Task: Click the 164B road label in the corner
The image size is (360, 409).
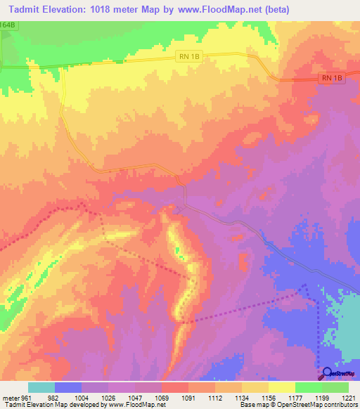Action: (x=8, y=25)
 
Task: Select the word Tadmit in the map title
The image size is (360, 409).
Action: (x=25, y=9)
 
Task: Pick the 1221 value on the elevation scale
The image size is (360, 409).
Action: (x=349, y=397)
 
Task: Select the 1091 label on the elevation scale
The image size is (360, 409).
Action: (x=188, y=397)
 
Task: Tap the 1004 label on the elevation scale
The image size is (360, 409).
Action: (x=82, y=397)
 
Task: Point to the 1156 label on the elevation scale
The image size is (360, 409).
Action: (x=269, y=397)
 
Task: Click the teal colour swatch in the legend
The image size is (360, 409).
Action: (x=41, y=387)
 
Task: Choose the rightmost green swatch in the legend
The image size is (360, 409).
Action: (x=335, y=387)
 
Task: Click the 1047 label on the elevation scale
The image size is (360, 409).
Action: (x=135, y=397)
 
